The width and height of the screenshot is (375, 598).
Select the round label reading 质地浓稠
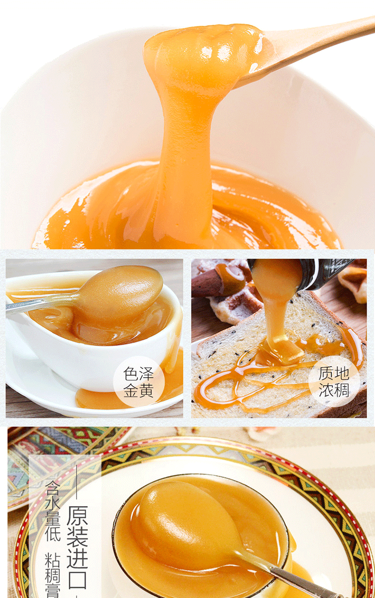[x=334, y=381]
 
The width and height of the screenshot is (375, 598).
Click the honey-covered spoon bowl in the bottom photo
[x=185, y=525]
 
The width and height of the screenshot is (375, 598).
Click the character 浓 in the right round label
[x=327, y=389]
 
